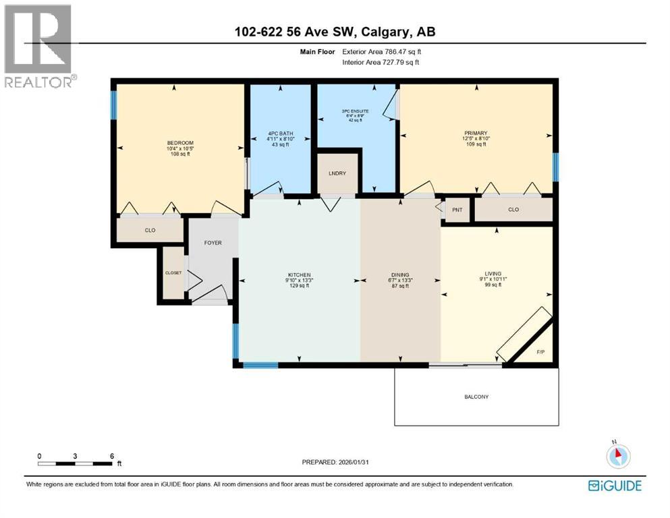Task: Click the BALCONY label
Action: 476,397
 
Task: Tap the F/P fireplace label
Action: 540,352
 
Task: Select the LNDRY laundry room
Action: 337,173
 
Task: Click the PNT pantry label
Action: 457,210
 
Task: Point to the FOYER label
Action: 213,243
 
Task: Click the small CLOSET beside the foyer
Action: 173,272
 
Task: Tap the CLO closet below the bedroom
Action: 150,230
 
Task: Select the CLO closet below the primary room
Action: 513,210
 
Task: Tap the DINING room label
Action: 400,275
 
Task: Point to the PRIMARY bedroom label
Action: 476,133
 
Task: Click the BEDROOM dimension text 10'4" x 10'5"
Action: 180,148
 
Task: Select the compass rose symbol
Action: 617,455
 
